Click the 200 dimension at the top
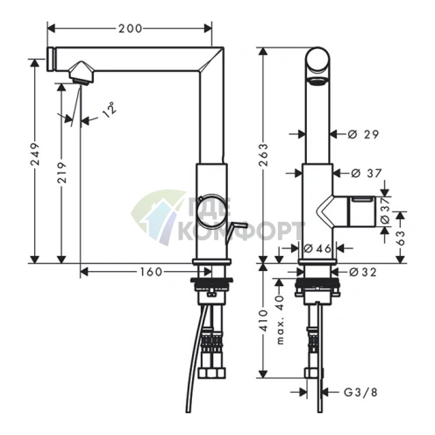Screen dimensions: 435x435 point(130,29)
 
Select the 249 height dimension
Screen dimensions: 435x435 point(35,154)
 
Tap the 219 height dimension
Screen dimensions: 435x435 point(61,173)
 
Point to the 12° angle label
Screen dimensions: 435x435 point(110,110)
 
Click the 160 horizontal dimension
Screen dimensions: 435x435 point(151,272)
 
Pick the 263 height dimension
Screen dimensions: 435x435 point(263,154)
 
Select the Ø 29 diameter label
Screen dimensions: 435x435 point(364,134)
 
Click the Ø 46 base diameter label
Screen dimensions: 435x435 point(317,248)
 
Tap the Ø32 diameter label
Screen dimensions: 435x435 point(363,272)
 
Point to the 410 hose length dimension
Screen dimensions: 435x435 point(263,320)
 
